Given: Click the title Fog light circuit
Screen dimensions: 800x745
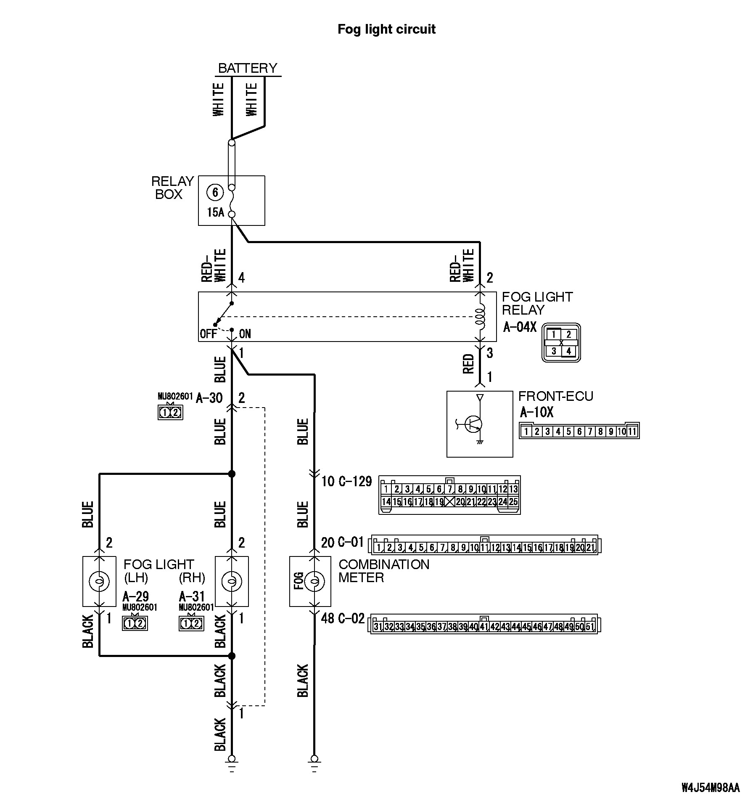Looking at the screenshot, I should (x=386, y=29).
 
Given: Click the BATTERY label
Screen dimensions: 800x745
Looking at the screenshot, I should (x=248, y=68).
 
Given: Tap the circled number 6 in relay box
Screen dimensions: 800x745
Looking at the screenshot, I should (x=215, y=192).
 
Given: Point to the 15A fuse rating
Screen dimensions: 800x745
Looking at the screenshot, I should (x=215, y=212).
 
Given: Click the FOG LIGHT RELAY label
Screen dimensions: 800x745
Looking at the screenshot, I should (x=537, y=303).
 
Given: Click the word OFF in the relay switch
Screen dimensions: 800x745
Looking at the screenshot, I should (x=208, y=334).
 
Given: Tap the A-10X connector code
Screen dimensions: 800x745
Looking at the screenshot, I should (x=536, y=412).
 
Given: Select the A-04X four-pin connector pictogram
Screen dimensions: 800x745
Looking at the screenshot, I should (x=561, y=342).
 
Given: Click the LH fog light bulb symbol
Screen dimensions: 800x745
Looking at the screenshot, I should (x=99, y=581).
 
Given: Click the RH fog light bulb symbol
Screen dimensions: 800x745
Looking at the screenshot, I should (x=231, y=581).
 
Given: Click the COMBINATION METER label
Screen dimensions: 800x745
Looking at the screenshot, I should (x=383, y=571).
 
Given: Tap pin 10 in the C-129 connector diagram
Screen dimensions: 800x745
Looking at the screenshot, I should (x=482, y=489).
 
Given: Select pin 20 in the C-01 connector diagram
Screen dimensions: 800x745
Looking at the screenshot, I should (x=580, y=548).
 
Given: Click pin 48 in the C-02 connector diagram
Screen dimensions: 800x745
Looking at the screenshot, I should (x=558, y=627).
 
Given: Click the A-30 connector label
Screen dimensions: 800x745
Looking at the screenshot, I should (x=209, y=397).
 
